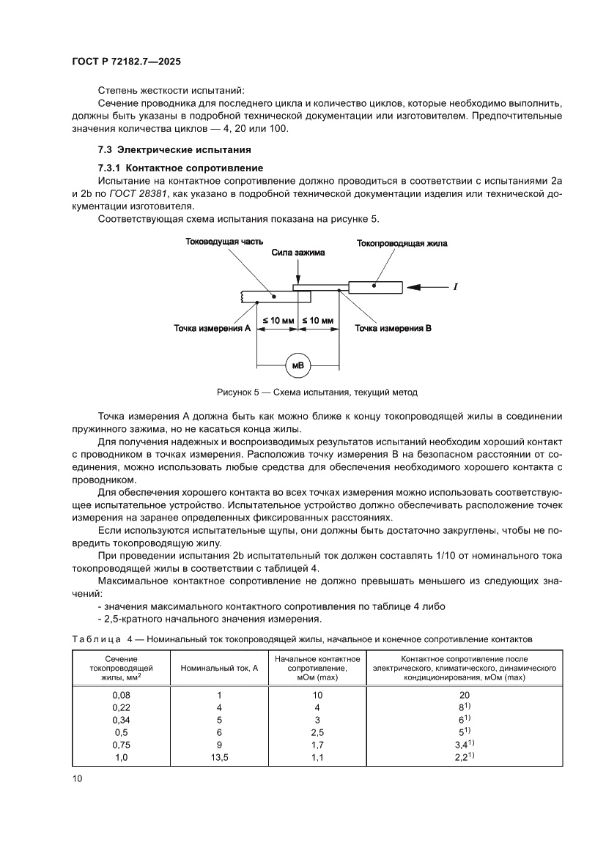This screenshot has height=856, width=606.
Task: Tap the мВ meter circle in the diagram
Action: pyautogui.click(x=298, y=365)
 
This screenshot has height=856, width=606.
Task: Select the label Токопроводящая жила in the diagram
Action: pyautogui.click(x=401, y=243)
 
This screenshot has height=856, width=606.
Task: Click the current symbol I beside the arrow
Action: pyautogui.click(x=456, y=286)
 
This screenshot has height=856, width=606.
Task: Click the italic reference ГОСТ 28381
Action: pyautogui.click(x=138, y=193)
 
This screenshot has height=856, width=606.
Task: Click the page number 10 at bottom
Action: pyautogui.click(x=77, y=778)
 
